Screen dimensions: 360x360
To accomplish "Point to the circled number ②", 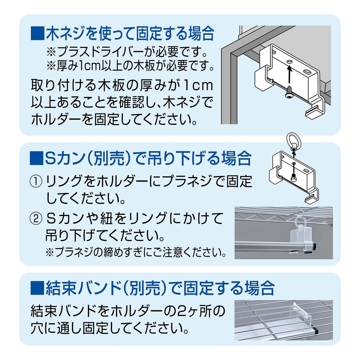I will click(37, 218).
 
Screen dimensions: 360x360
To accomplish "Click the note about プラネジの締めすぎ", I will click(136, 252).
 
